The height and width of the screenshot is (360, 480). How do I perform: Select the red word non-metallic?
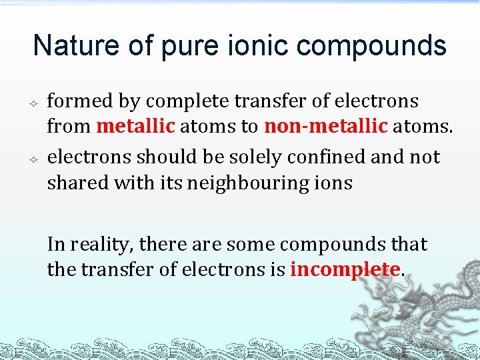point(325,126)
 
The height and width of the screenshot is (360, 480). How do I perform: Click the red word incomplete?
point(345,269)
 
